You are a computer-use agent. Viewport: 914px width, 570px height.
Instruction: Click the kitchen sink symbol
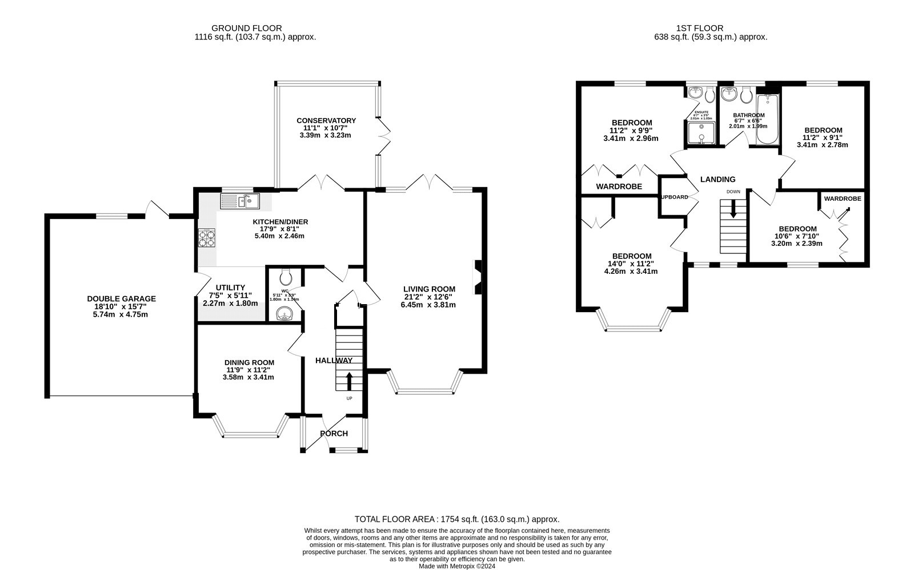coord(239,201)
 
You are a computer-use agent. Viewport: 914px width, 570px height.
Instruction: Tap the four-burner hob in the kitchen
coord(206,237)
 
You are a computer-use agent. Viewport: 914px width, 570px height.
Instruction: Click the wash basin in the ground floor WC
coord(284,313)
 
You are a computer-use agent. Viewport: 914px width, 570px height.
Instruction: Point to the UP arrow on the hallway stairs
coord(349,382)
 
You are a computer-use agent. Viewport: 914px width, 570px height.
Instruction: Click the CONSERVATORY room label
coord(326,120)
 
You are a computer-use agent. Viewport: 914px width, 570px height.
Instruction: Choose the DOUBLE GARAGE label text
coord(121,299)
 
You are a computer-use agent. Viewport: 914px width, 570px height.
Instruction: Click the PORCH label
coord(334,434)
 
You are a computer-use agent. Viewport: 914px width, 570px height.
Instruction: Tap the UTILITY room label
coord(230,288)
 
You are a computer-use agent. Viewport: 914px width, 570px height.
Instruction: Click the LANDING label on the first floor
coord(717,179)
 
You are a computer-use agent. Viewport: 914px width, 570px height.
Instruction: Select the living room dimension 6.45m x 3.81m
coord(428,305)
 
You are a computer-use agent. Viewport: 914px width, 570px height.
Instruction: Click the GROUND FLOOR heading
coord(246,28)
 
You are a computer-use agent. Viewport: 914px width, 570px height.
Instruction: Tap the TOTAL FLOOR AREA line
coord(456,519)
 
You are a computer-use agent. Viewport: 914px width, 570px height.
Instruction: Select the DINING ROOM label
coord(249,362)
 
